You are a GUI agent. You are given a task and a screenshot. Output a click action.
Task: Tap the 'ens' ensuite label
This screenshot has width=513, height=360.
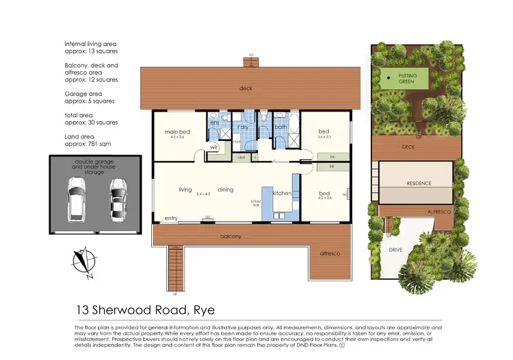click(x=214, y=123)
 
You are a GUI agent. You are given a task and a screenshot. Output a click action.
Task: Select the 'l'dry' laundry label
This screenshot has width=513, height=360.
click(x=241, y=127)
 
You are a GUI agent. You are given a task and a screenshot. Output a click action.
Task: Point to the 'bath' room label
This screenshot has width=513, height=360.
click(x=280, y=127)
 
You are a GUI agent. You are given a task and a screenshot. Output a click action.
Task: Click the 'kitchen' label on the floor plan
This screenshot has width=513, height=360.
click(x=283, y=194)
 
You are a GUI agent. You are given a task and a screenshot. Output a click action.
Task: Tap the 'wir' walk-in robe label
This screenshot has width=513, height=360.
click(x=213, y=146)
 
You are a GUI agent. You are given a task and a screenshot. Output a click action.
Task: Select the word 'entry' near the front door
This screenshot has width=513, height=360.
click(x=170, y=219)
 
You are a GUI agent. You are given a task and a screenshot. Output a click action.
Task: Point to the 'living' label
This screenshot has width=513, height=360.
click(x=185, y=190)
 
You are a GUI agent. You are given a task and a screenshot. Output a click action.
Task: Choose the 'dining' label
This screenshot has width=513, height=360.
click(x=226, y=190)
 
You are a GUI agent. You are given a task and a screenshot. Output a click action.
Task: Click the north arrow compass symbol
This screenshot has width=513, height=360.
click(x=83, y=263)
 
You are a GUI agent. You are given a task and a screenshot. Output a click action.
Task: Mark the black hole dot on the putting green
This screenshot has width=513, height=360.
click(x=388, y=78)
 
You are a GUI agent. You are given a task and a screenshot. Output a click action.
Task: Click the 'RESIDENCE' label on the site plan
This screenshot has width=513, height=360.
click(x=416, y=183)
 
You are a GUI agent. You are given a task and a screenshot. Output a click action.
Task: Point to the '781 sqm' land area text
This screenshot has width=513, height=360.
click(x=94, y=144)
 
